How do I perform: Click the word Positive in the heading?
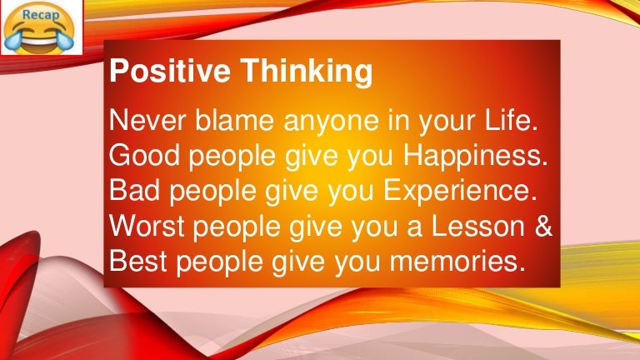click(x=161, y=72)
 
